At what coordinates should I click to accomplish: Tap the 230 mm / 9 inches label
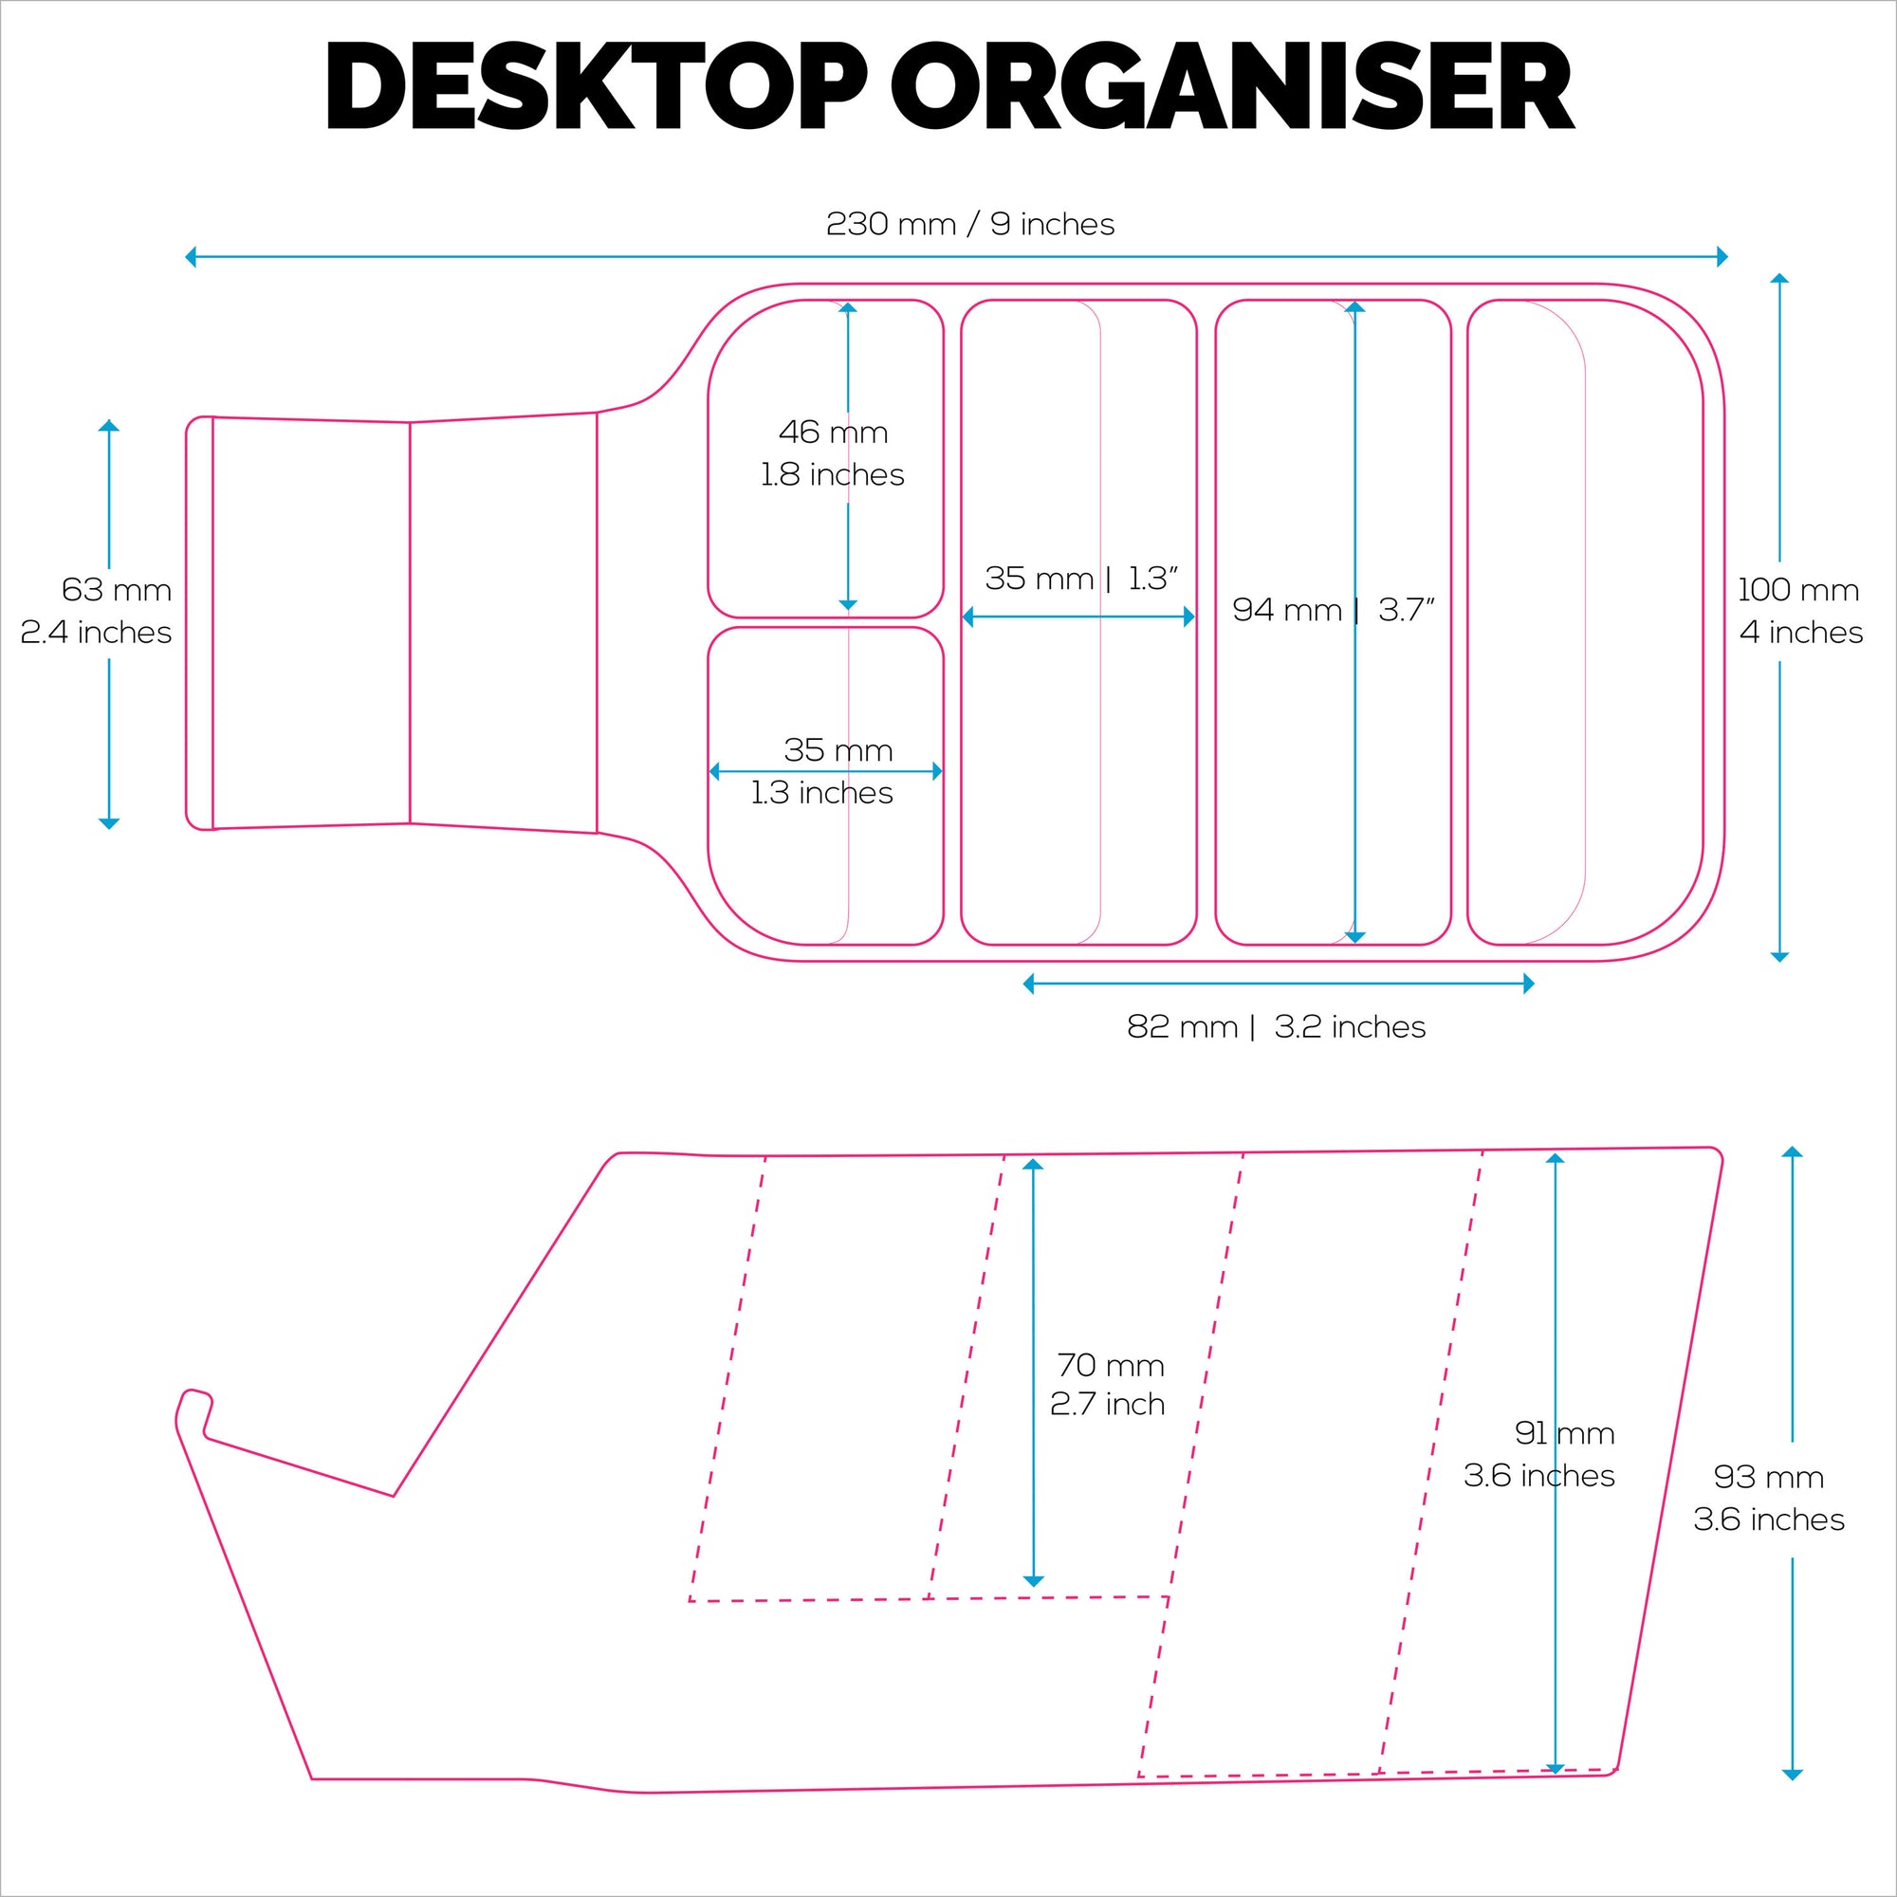(x=970, y=225)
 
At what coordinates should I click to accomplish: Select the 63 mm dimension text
(x=116, y=590)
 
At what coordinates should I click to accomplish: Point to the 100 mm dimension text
(x=1797, y=590)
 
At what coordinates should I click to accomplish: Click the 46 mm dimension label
(x=833, y=432)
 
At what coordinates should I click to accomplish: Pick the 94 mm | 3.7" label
(x=1334, y=610)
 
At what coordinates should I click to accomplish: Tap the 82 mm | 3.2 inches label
(x=1277, y=1027)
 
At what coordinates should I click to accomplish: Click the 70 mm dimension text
(x=1111, y=1365)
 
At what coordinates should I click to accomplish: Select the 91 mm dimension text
(x=1564, y=1433)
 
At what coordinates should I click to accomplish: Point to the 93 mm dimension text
(x=1768, y=1477)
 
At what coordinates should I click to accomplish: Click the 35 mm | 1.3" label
(x=1080, y=579)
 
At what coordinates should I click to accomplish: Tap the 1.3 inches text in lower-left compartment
(x=821, y=792)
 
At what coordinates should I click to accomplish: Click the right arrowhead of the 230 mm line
(x=1723, y=257)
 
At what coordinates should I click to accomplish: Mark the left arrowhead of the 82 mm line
(x=1028, y=984)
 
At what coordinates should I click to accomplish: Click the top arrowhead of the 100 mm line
(x=1779, y=278)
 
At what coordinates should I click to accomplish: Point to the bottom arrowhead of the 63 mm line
(x=109, y=824)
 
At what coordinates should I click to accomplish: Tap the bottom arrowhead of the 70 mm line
(x=1033, y=1582)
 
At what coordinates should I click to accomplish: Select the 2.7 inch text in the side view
(x=1108, y=1405)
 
